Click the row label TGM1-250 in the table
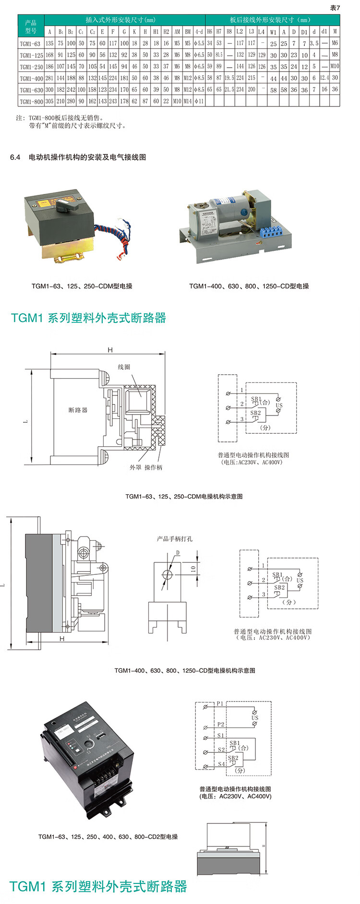point(31,67)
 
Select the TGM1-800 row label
point(31,102)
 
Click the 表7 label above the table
point(335,8)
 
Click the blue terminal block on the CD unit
point(270,233)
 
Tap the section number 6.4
point(15,157)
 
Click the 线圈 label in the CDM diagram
point(124,367)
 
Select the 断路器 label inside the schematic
point(78,410)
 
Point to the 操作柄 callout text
point(153,467)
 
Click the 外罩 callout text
point(135,467)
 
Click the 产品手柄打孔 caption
point(175,539)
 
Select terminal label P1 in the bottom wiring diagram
point(220,703)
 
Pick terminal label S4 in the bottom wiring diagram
point(221,763)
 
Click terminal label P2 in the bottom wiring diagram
point(220,724)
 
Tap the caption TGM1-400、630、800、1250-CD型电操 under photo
point(249,286)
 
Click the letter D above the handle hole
point(178,553)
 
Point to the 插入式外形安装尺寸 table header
point(120,20)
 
